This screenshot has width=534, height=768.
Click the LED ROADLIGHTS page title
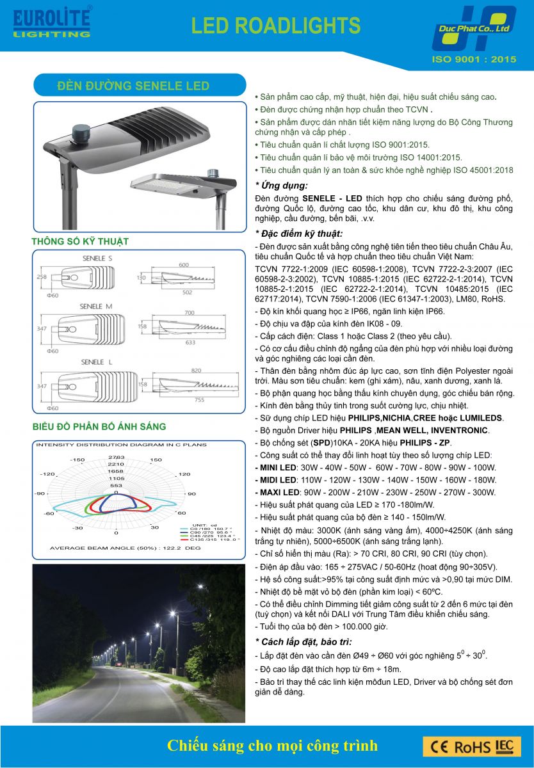pos(276,25)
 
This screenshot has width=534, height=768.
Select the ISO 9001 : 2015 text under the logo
pos(474,59)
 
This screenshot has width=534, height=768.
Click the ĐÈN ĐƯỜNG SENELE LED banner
pos(133,85)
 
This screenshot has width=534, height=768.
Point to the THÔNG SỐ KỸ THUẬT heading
pos(80,241)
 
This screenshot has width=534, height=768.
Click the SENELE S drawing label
pos(97,257)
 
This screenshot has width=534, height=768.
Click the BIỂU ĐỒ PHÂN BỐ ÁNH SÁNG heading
pos(99,426)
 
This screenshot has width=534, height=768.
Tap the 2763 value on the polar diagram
pos(117,456)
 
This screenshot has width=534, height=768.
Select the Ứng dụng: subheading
pos(281,186)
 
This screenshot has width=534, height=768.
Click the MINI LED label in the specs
pos(276,467)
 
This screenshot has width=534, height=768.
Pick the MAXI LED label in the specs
pos(277,492)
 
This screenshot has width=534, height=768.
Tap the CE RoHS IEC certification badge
pos(471,746)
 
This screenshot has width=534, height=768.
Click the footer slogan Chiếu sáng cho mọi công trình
pos(272,746)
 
